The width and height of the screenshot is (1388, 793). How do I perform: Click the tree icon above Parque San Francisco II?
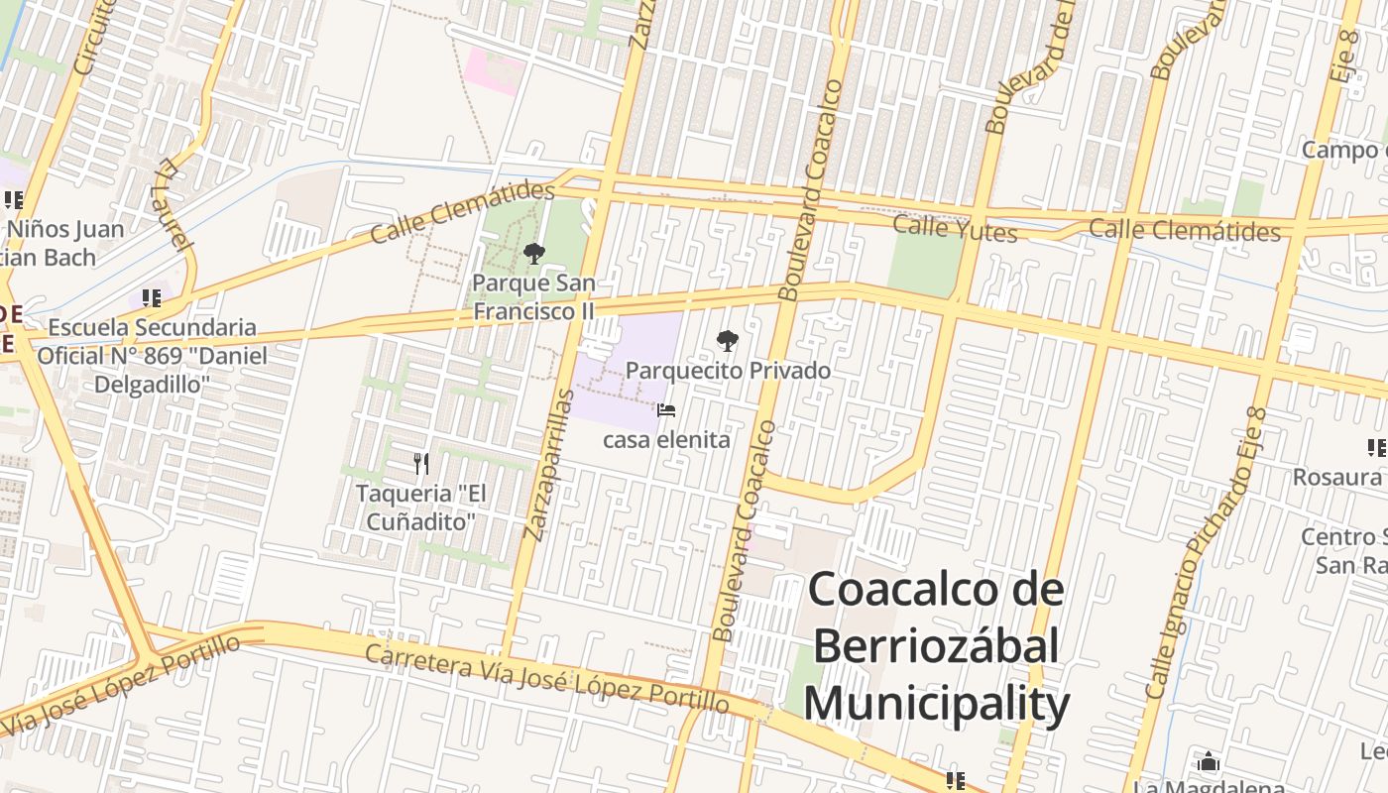tap(534, 254)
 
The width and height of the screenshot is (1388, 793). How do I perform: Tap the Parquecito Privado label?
tap(728, 371)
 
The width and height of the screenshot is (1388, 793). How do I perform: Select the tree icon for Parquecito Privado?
tap(728, 342)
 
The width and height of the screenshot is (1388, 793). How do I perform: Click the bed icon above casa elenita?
tap(666, 410)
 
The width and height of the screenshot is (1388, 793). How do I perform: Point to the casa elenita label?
tap(666, 439)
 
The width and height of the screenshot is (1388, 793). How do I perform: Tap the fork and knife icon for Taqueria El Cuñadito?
tap(421, 463)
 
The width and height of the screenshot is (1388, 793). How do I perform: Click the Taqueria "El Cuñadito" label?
tap(421, 506)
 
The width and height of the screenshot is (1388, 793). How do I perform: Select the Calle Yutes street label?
tap(955, 229)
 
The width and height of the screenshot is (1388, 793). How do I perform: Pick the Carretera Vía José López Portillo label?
tap(546, 679)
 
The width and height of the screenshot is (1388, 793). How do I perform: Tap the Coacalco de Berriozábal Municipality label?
tap(936, 647)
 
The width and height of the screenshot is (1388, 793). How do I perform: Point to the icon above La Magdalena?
tap(1209, 762)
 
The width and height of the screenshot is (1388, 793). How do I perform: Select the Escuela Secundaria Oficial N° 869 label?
tap(152, 355)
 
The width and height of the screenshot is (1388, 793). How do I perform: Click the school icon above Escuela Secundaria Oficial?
tap(152, 297)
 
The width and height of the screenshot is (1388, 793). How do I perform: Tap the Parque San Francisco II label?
tap(533, 296)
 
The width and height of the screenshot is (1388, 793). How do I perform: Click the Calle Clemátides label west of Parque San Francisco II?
tap(462, 211)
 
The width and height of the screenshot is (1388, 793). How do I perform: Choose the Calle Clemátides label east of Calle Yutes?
tap(1185, 230)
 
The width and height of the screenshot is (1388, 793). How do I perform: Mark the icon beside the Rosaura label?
tap(1376, 448)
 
